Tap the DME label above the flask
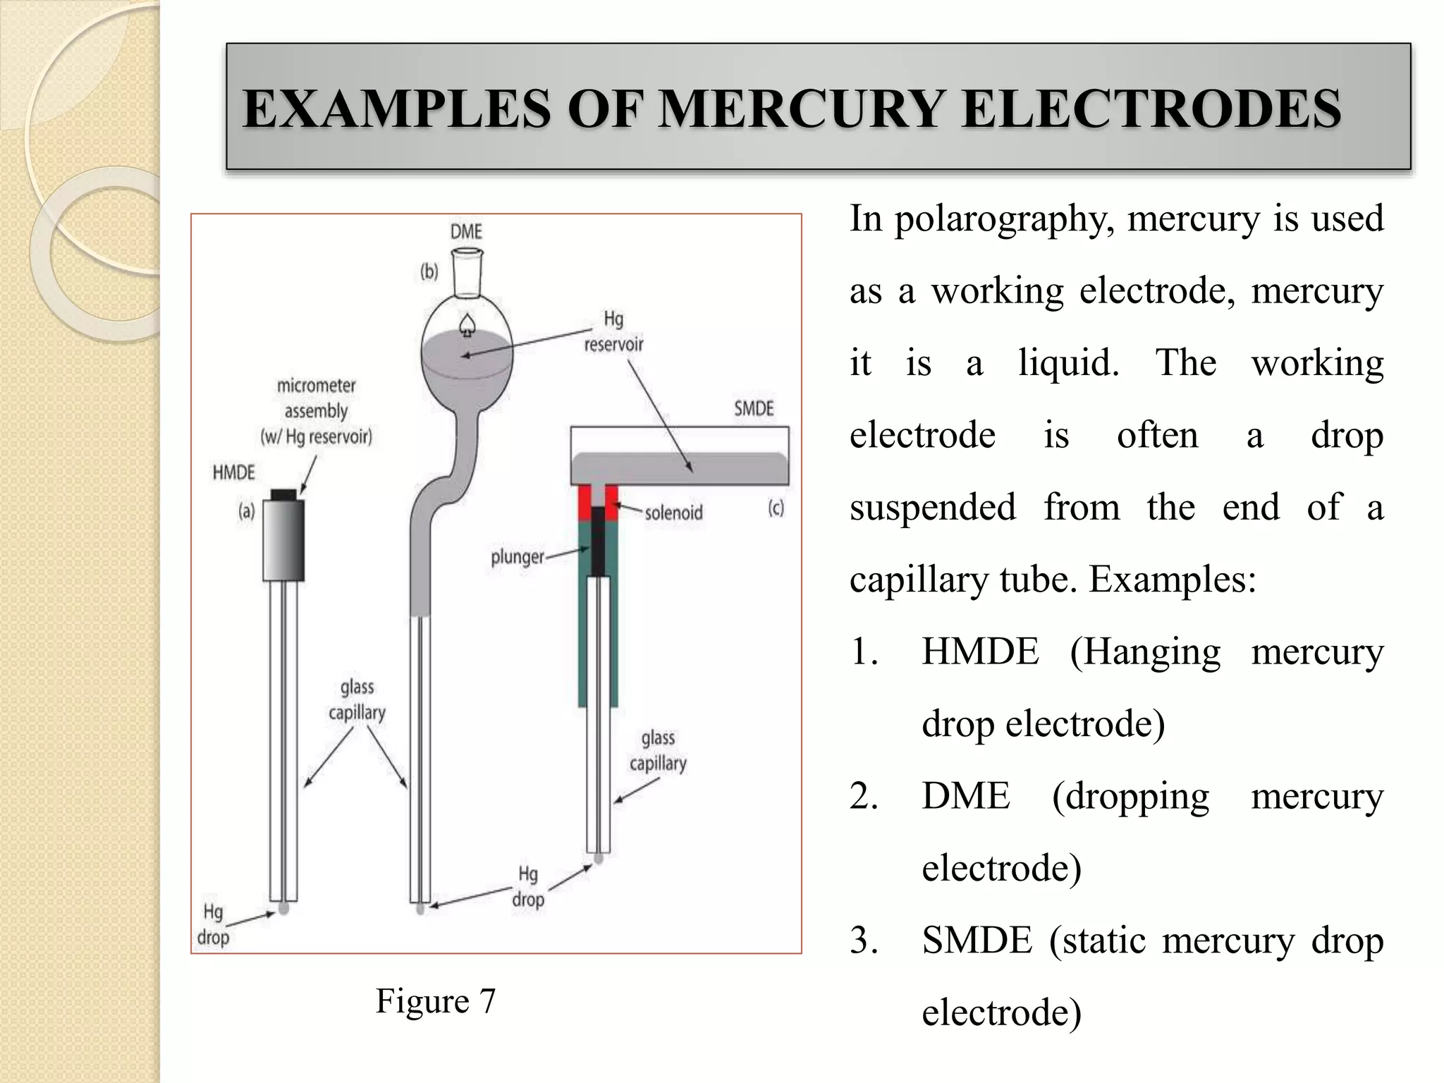coord(466,232)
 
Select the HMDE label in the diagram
coord(233,472)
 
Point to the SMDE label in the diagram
coord(754,409)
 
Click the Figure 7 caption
coord(436,1001)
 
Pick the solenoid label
coord(673,513)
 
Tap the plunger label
coord(518,558)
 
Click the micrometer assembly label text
coord(317,411)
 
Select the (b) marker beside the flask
coord(429,271)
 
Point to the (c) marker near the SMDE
coord(776,508)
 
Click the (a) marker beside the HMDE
coord(246,510)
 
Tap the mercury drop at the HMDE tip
coord(283,908)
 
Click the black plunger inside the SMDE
coord(598,541)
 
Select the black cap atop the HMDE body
coord(283,494)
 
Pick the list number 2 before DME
coord(864,797)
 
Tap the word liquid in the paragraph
coord(1068,364)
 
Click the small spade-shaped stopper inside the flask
coord(466,324)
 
